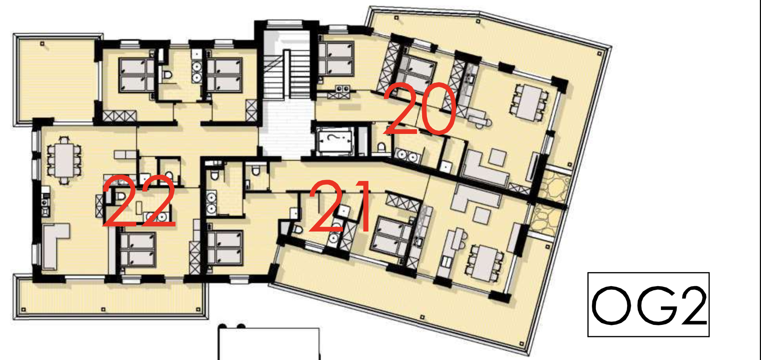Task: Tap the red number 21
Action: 340,207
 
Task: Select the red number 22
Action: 139,202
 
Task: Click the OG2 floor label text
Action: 648,305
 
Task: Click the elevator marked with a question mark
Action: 334,142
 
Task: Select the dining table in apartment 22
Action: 64,160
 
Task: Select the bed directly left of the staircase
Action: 224,75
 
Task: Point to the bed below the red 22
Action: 137,249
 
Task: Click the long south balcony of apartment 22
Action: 110,299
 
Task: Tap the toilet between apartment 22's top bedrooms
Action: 167,75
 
